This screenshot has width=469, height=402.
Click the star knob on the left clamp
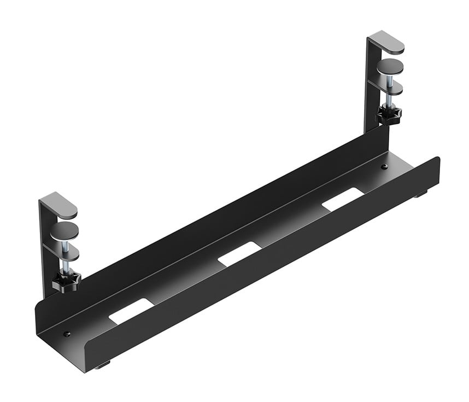click(x=67, y=282)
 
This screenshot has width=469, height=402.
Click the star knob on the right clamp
click(x=389, y=115)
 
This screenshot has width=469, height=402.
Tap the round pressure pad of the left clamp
click(x=63, y=230)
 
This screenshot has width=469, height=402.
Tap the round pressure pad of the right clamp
click(x=390, y=67)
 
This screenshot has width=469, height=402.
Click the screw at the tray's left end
click(x=67, y=333)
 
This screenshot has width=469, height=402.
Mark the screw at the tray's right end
click(x=384, y=166)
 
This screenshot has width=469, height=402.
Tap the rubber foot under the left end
click(x=103, y=365)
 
